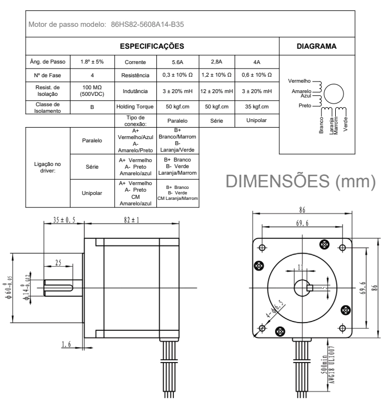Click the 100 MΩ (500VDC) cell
(x=91, y=90)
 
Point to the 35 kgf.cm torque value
(x=256, y=107)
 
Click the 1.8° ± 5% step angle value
(x=91, y=62)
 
